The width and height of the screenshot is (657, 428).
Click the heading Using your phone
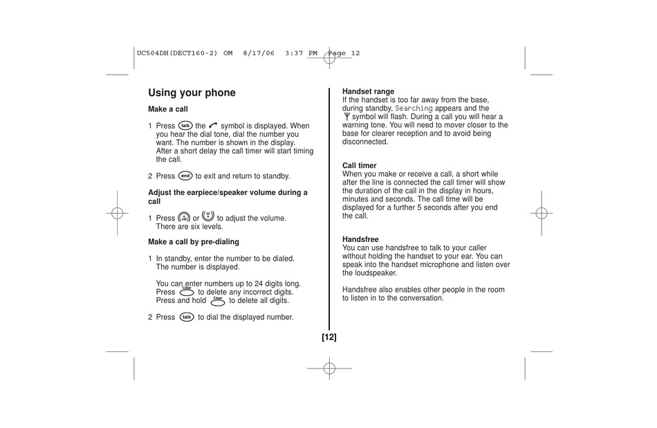192,93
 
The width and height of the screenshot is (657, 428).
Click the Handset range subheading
368,91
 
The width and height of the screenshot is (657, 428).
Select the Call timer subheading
360,166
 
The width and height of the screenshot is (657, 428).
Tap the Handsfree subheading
360,239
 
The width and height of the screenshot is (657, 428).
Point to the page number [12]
328,337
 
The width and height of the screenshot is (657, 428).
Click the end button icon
185,176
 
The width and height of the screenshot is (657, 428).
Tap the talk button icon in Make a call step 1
185,125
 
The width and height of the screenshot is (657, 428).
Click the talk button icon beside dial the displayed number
185,317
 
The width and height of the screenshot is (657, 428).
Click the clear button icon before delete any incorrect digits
186,291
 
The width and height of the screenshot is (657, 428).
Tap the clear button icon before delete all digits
217,300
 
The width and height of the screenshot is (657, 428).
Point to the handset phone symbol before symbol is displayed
213,126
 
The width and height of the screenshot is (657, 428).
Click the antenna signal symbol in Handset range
346,117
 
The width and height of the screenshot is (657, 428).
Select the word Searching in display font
414,109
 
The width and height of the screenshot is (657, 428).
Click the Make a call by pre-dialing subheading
193,242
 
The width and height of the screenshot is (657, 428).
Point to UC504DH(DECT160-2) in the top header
177,53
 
